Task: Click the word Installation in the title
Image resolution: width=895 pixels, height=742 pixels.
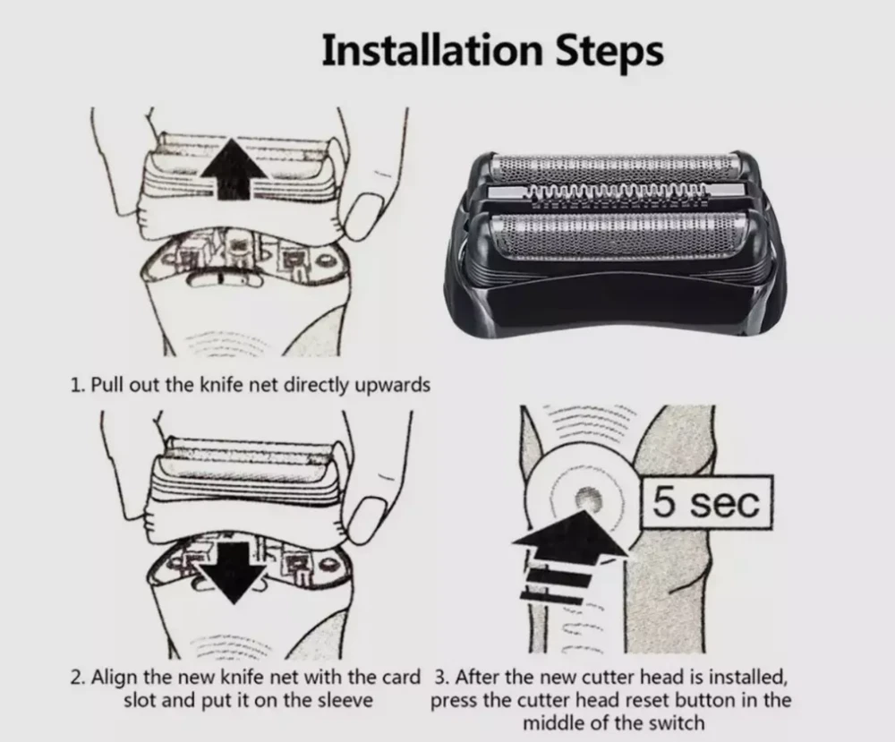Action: (431, 50)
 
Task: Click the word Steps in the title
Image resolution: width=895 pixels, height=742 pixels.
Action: (609, 50)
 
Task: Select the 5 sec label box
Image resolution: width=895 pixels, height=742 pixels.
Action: (707, 502)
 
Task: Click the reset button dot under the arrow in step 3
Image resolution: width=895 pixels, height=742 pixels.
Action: (589, 499)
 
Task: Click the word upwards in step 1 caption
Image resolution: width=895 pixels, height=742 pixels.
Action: (393, 385)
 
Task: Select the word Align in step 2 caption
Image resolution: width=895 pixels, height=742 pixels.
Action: (115, 678)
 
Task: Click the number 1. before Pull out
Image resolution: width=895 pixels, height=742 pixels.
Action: (78, 385)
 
